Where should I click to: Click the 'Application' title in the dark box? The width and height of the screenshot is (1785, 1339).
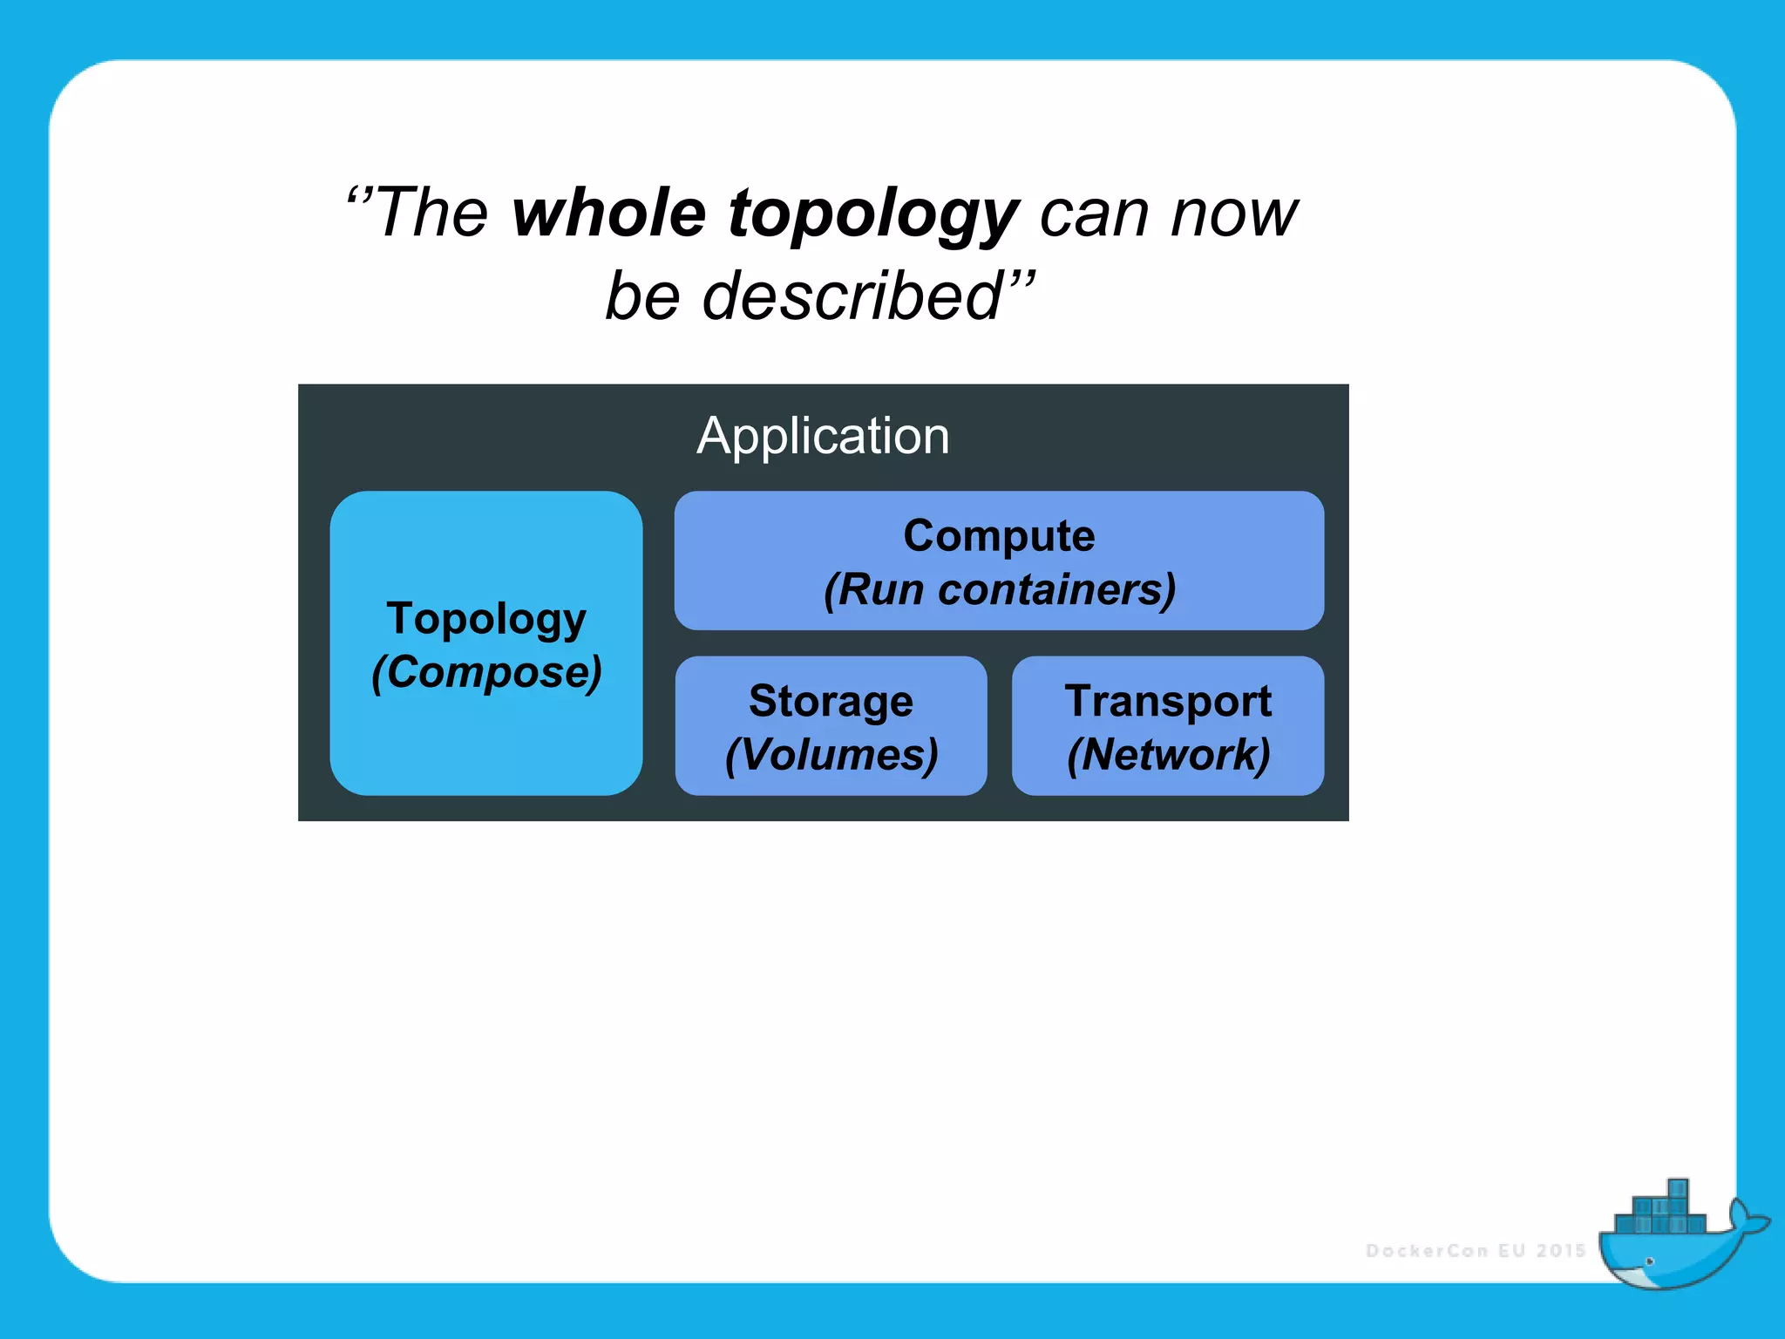click(x=823, y=435)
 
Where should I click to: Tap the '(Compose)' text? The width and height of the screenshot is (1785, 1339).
click(x=486, y=673)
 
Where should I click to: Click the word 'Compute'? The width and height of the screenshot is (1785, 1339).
click(x=999, y=535)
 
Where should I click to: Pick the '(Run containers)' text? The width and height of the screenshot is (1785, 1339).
click(x=999, y=589)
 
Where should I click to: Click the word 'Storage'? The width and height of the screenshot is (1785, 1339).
click(x=831, y=702)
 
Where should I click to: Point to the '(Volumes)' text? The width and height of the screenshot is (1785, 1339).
click(x=831, y=755)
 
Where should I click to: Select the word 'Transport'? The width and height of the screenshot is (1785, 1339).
click(x=1168, y=701)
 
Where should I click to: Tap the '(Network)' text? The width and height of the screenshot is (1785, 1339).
click(x=1168, y=755)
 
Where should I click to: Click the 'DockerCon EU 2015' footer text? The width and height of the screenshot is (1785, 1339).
click(x=1476, y=1251)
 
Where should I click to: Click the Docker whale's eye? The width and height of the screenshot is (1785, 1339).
click(x=1649, y=1261)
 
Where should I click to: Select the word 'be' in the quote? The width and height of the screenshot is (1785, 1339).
click(x=643, y=296)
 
